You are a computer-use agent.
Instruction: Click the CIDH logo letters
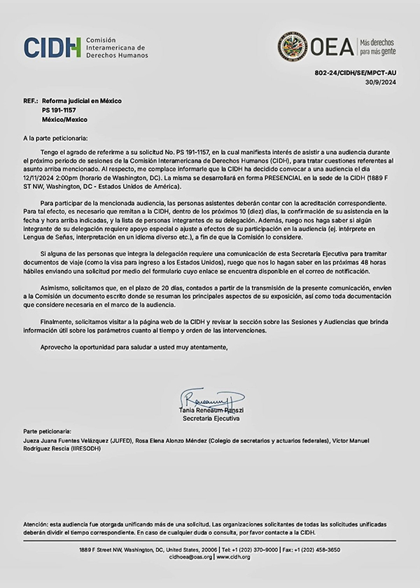coord(52,47)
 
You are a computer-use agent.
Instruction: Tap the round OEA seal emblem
coord(292,46)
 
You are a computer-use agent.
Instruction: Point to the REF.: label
coord(30,101)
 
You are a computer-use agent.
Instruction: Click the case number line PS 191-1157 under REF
coord(59,110)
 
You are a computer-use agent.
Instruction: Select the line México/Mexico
coord(65,119)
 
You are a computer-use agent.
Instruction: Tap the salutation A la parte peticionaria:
coord(56,139)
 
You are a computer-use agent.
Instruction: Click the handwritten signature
coord(210,399)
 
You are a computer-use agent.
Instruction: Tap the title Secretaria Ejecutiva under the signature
coord(211,418)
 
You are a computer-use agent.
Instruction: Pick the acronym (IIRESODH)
coord(83,449)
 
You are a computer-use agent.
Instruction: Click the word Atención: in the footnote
coord(37,524)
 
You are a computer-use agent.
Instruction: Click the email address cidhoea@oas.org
coord(190,558)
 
